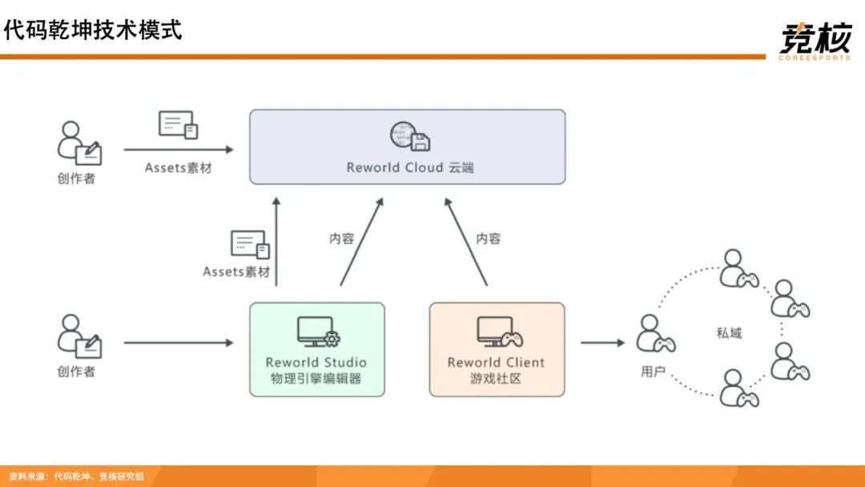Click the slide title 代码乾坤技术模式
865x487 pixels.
(x=93, y=30)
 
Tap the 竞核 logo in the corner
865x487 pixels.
(x=814, y=38)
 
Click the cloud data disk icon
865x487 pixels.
(x=410, y=137)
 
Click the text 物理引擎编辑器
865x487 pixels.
(x=316, y=377)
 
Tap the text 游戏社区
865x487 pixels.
(x=496, y=377)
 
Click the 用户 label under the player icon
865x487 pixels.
(x=654, y=372)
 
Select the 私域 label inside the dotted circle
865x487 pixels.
(x=729, y=332)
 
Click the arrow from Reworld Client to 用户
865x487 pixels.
(x=602, y=343)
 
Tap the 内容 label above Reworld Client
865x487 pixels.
(x=488, y=238)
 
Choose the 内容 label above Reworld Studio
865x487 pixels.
(x=342, y=238)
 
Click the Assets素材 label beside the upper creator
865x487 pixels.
(x=179, y=168)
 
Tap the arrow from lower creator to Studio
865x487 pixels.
(x=178, y=343)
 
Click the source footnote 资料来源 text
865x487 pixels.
(x=77, y=477)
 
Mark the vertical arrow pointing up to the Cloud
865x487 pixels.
(x=278, y=240)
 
